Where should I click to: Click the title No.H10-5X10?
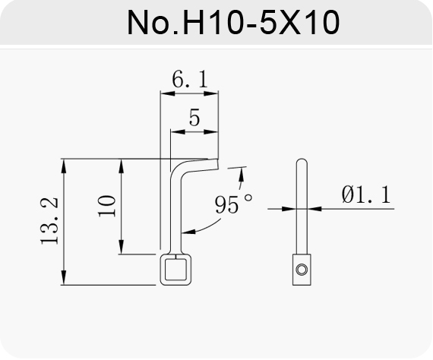(233, 22)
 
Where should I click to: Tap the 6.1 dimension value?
(189, 79)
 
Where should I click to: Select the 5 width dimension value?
(194, 118)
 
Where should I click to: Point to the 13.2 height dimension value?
(49, 221)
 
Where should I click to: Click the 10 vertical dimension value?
(107, 206)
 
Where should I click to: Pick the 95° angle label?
(234, 204)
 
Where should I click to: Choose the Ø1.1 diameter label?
(366, 194)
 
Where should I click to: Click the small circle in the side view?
(302, 269)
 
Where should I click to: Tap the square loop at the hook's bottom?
(176, 270)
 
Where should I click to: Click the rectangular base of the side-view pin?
(302, 270)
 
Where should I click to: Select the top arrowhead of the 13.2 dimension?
(64, 166)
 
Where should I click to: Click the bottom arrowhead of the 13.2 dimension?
(64, 277)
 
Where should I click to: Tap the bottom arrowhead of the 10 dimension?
(121, 247)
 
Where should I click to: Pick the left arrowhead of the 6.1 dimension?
(168, 94)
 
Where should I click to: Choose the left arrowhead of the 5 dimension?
(178, 132)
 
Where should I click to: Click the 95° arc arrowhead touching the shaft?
(189, 232)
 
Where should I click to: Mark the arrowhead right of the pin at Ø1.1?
(314, 209)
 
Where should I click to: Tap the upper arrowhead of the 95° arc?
(242, 175)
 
